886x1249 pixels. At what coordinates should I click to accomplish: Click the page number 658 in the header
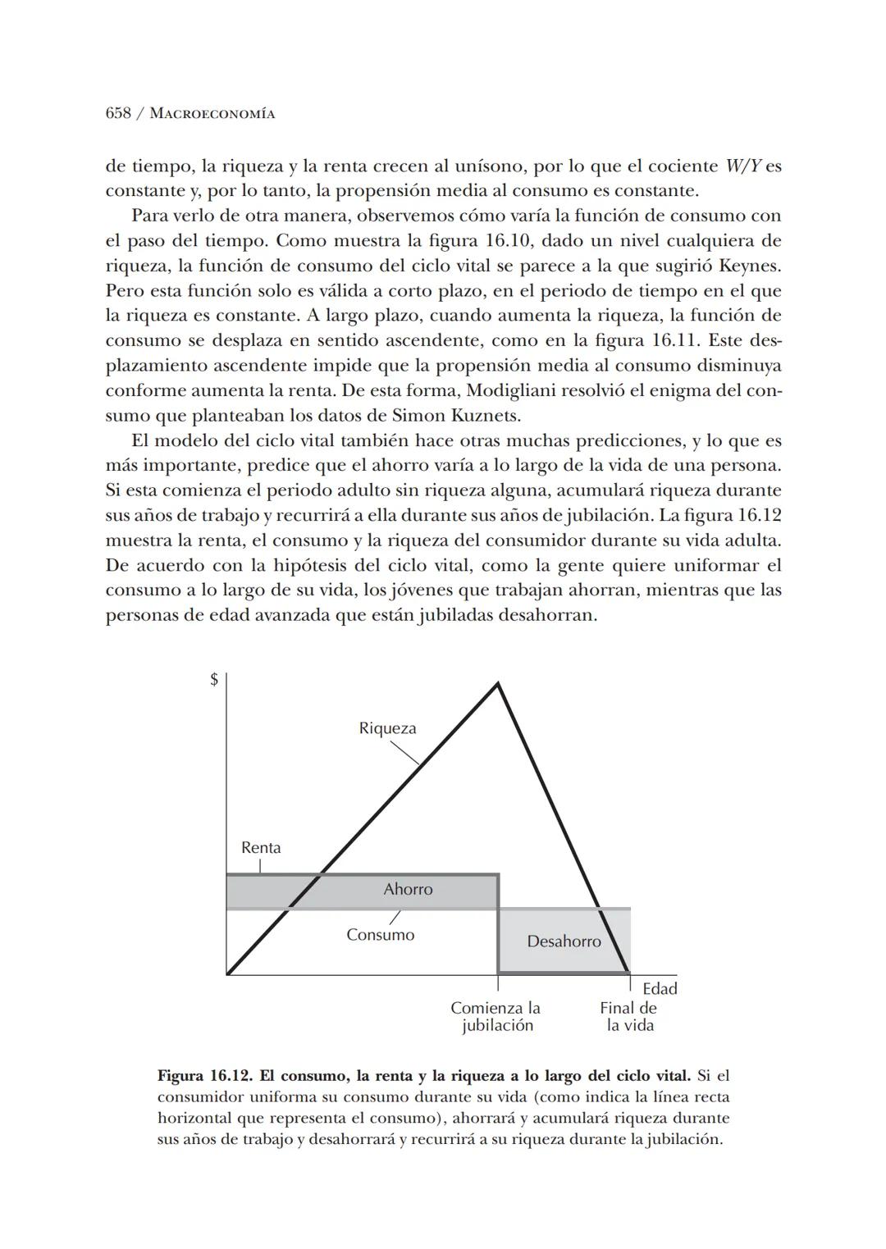(118, 113)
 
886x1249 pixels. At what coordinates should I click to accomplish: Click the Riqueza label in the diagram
(387, 728)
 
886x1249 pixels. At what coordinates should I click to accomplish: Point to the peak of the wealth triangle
(497, 683)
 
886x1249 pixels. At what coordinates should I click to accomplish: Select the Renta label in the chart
(261, 848)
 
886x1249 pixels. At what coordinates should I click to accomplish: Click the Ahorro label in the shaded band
(408, 890)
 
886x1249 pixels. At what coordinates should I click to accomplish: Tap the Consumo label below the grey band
(380, 935)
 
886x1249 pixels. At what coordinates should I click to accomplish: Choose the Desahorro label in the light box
(564, 941)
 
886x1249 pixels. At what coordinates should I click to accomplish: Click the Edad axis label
(660, 989)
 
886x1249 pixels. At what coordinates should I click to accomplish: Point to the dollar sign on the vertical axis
(214, 680)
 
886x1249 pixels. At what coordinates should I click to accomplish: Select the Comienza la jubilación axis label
(496, 1017)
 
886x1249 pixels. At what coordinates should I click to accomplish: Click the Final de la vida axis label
(628, 1017)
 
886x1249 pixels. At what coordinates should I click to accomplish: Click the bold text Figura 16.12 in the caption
(203, 1075)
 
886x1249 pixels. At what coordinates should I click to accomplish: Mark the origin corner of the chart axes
(227, 975)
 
